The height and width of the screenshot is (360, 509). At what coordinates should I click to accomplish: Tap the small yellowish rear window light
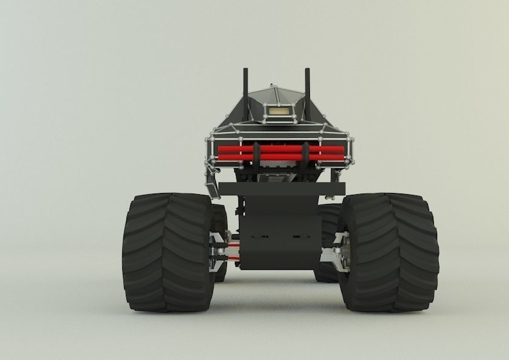point(279,111)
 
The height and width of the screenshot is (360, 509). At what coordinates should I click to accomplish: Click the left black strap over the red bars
point(257,155)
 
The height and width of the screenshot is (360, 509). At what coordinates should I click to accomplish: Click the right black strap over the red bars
point(306,155)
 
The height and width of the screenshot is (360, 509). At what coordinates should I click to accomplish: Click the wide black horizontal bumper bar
point(282,188)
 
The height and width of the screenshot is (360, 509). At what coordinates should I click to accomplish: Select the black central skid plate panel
point(279,242)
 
